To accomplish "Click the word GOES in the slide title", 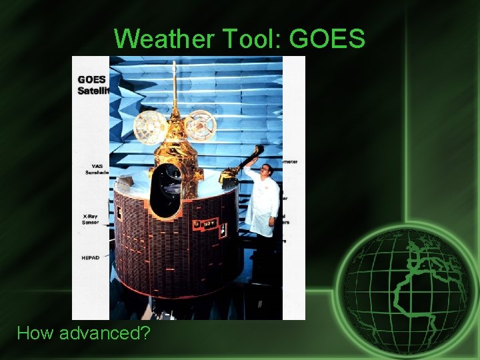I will click(327, 39).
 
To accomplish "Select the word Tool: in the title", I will click(245, 39).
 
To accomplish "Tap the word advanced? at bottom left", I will click(105, 333).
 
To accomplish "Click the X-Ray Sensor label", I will click(91, 219).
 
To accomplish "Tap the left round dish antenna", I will click(151, 127).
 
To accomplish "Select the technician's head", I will click(266, 169).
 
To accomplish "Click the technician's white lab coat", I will click(261, 203).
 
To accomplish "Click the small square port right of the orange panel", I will click(223, 230).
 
